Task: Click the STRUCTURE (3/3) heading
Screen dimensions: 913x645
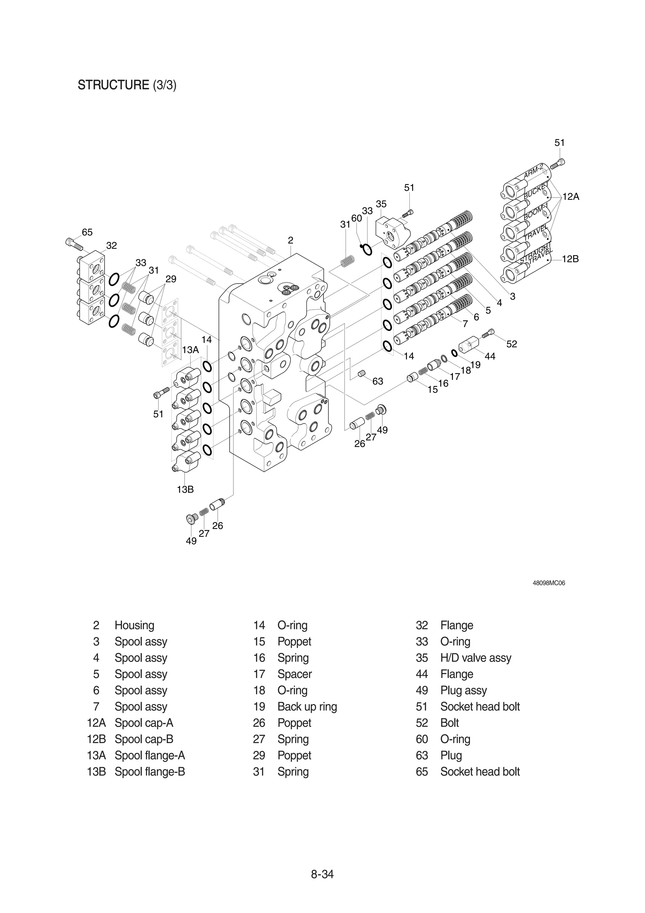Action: tap(127, 85)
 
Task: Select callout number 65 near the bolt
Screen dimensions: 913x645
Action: tap(87, 232)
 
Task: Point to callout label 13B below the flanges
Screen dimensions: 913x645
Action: tap(185, 490)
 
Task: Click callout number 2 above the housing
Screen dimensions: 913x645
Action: tap(290, 240)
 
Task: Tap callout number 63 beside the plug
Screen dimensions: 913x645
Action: tap(378, 381)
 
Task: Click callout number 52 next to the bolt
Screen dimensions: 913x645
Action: tap(511, 344)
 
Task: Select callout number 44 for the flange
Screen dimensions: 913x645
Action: tap(490, 356)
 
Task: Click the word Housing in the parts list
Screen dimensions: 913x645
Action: tap(134, 625)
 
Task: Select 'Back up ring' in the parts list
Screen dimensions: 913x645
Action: tap(307, 707)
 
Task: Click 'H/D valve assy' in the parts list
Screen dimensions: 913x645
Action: tap(475, 658)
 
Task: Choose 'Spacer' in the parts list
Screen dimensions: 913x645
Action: tap(294, 674)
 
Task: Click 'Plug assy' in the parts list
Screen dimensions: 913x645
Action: tap(463, 690)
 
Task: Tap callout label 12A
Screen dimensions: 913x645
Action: tap(571, 197)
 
